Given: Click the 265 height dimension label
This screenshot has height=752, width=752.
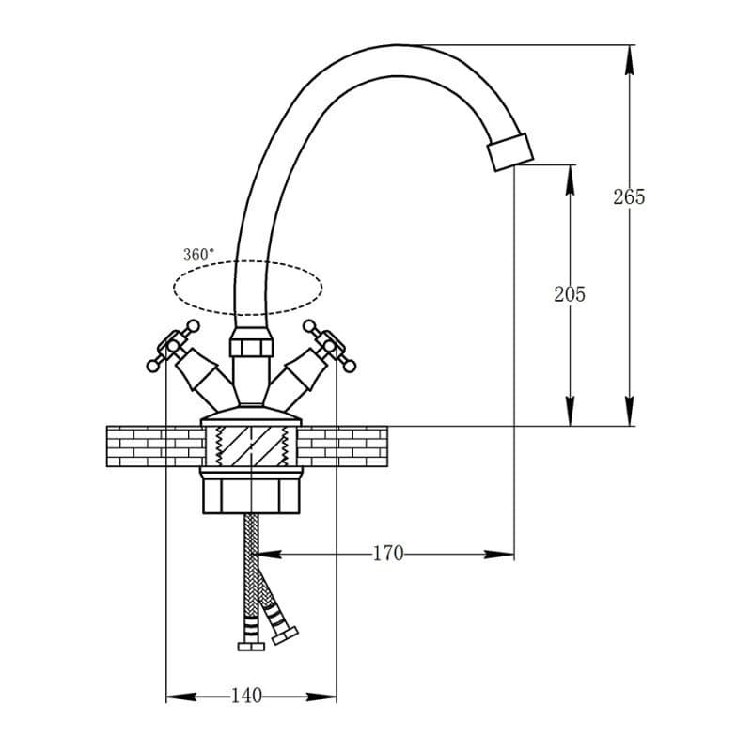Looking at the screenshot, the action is [629, 197].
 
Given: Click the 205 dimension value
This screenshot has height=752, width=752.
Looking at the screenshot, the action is [570, 294].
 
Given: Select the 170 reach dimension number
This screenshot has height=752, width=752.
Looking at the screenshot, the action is [388, 554].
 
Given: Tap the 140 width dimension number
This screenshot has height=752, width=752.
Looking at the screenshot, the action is [246, 696].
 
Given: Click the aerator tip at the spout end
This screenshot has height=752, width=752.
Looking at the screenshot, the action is [509, 151].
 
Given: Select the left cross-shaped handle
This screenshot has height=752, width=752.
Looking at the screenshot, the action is [173, 345].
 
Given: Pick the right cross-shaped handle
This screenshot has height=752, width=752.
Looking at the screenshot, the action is [330, 345].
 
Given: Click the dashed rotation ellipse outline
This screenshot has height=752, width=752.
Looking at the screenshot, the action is [248, 261].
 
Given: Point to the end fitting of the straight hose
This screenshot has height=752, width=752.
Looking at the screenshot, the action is [251, 646].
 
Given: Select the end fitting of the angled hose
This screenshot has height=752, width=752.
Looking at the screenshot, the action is [286, 635].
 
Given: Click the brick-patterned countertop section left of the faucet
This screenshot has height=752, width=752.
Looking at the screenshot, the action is [154, 446].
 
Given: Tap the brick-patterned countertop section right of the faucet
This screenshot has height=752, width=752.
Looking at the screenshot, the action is [342, 446].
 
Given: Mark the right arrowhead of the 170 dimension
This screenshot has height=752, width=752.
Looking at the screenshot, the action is [499, 555].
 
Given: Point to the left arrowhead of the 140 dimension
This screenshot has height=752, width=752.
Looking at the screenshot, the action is [181, 696].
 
